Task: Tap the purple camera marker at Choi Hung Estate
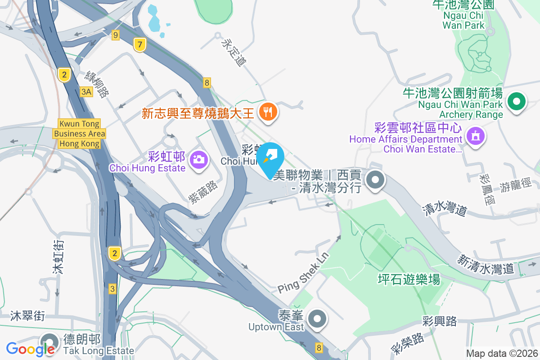(x=198, y=158)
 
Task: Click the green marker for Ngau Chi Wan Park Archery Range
(x=517, y=102)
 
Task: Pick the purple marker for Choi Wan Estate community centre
(x=475, y=134)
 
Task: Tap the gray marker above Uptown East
(x=318, y=319)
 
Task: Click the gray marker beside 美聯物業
(x=375, y=181)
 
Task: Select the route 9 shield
(x=116, y=35)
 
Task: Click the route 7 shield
(x=140, y=45)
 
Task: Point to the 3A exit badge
(x=86, y=92)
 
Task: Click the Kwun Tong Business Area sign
(x=79, y=134)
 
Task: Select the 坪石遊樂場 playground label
(x=409, y=280)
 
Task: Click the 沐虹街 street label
(x=58, y=257)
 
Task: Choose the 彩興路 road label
(x=440, y=321)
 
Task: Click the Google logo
(x=31, y=349)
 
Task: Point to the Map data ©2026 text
(x=502, y=353)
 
